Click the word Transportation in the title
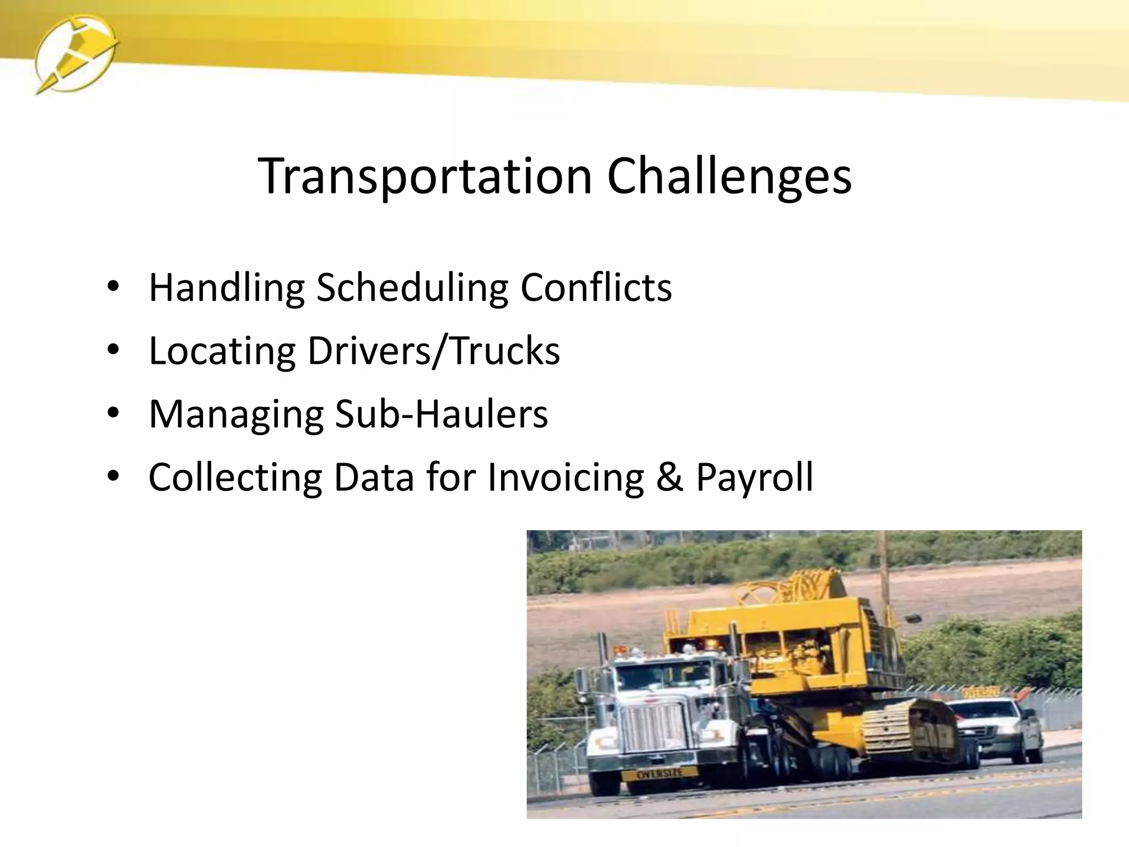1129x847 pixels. click(x=424, y=176)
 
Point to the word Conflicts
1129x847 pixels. click(x=596, y=287)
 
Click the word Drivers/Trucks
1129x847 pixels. click(x=433, y=351)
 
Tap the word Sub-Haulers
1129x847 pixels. click(x=441, y=414)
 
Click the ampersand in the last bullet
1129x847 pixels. click(x=669, y=477)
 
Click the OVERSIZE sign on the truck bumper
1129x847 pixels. click(x=659, y=774)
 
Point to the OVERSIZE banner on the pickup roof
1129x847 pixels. click(x=981, y=691)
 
